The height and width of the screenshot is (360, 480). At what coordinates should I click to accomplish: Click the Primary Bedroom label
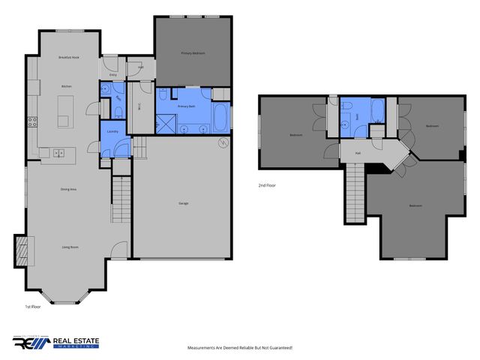pyautogui.click(x=193, y=53)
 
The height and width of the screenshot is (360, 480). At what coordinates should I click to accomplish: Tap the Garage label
pyautogui.click(x=183, y=203)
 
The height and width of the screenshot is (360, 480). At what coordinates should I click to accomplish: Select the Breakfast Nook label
pyautogui.click(x=69, y=57)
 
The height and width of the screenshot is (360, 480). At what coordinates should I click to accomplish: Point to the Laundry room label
pyautogui.click(x=113, y=132)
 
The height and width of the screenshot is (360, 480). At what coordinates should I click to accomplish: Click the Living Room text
pyautogui.click(x=70, y=246)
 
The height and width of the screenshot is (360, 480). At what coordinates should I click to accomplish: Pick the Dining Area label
pyautogui.click(x=69, y=189)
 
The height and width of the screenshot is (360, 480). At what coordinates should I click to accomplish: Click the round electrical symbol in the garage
pyautogui.click(x=222, y=142)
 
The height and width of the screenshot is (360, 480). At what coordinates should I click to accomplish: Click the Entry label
pyautogui.click(x=113, y=74)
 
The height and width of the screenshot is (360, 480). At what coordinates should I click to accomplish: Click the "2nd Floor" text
pyautogui.click(x=266, y=184)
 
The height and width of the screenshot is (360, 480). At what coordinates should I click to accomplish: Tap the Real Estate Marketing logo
pyautogui.click(x=55, y=342)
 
